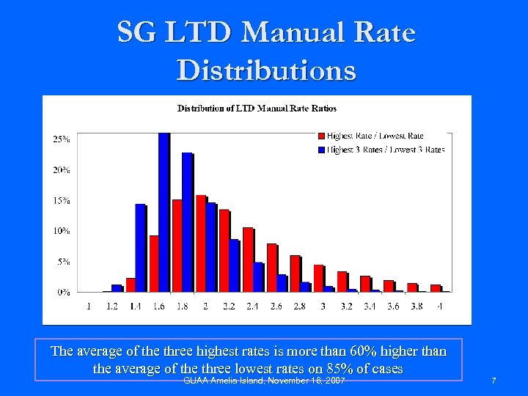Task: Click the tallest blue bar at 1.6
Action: click(164, 213)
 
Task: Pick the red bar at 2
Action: click(200, 243)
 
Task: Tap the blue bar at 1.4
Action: click(140, 248)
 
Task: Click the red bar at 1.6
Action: click(153, 263)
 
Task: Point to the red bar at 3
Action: click(318, 278)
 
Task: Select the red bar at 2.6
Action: click(271, 268)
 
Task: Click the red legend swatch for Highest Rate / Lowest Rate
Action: click(321, 136)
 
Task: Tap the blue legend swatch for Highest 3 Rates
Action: click(321, 150)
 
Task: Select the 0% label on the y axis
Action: click(64, 292)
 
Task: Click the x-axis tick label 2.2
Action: click(229, 306)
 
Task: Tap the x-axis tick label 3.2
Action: click(346, 306)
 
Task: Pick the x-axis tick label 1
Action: click(89, 306)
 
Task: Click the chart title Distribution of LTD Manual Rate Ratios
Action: click(257, 109)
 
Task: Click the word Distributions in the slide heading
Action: click(266, 70)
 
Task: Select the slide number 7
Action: click(494, 381)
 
